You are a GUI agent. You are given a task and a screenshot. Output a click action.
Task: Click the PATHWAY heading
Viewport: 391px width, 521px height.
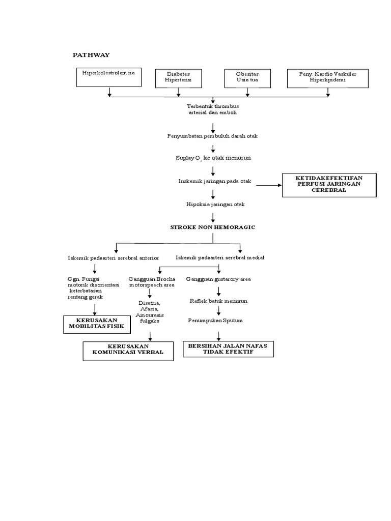(91, 54)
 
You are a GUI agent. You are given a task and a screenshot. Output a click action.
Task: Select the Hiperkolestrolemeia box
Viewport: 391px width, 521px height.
(109, 77)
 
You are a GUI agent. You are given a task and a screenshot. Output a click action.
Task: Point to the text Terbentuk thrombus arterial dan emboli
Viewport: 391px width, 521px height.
(213, 109)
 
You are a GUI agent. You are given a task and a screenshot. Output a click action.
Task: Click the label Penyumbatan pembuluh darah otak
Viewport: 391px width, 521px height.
(213, 136)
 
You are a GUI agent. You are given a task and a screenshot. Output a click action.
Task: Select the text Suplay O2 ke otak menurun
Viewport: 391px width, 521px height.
(213, 158)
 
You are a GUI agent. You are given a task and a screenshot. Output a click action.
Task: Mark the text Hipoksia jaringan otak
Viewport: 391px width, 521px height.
(215, 204)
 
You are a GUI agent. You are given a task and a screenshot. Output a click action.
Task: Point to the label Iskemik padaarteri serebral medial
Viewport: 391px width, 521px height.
(220, 257)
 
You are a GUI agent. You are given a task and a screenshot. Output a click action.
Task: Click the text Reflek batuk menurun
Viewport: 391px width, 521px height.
(218, 301)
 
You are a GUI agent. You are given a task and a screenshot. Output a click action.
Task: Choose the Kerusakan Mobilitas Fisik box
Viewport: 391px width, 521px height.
(96, 324)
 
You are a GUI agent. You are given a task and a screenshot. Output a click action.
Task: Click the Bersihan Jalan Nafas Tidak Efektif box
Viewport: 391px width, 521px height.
(228, 349)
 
